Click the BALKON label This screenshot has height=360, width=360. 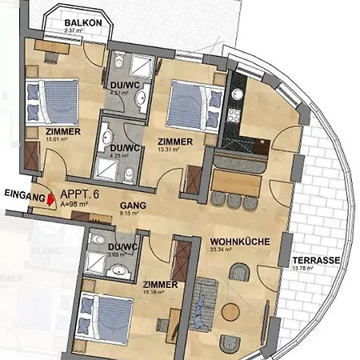(84, 23)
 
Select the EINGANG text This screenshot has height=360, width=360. (21, 194)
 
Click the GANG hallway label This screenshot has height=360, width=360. (133, 205)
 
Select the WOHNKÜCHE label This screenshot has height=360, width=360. (238, 241)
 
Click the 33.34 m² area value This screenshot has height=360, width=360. (221, 250)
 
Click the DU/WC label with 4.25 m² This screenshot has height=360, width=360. (125, 148)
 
